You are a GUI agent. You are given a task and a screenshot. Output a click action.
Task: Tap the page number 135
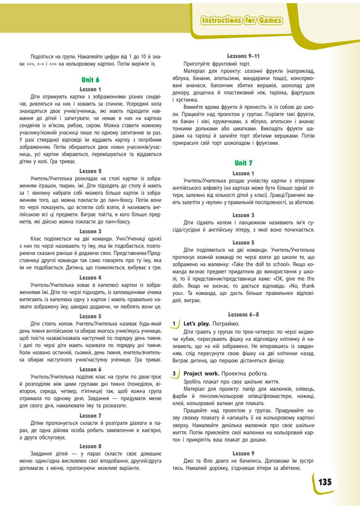325,482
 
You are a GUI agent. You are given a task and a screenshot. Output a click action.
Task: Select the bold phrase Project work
202,373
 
